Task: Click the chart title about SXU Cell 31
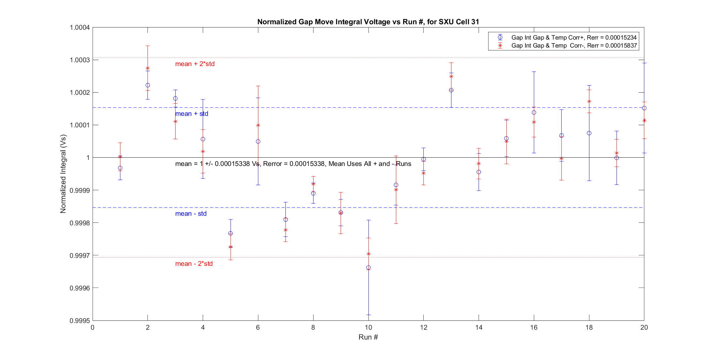pyautogui.click(x=368, y=22)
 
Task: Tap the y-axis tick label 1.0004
pyautogui.click(x=80, y=27)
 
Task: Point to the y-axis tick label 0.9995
pyautogui.click(x=80, y=320)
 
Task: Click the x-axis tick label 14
pyautogui.click(x=479, y=327)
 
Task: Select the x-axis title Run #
pyautogui.click(x=368, y=337)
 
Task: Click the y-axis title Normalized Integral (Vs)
pyautogui.click(x=63, y=174)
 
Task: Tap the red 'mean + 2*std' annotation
pyautogui.click(x=195, y=64)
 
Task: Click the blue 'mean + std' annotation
pyautogui.click(x=192, y=114)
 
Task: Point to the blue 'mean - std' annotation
pyautogui.click(x=191, y=214)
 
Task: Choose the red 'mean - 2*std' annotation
pyautogui.click(x=194, y=264)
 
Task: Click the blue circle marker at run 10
pyautogui.click(x=368, y=267)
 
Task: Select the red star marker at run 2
pyautogui.click(x=148, y=68)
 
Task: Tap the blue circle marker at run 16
pyautogui.click(x=534, y=112)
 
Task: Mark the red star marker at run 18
pyautogui.click(x=589, y=101)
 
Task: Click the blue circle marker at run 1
pyautogui.click(x=120, y=168)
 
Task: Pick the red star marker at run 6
pyautogui.click(x=258, y=125)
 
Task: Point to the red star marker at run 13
pyautogui.click(x=451, y=76)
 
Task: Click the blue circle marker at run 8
pyautogui.click(x=313, y=193)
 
